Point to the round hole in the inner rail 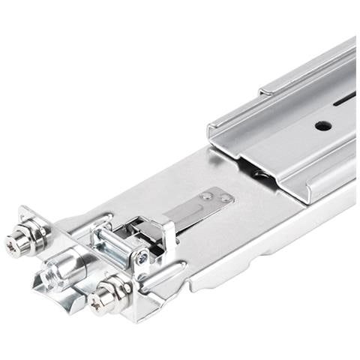(x=322, y=125)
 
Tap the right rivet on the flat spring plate (x=223, y=199)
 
